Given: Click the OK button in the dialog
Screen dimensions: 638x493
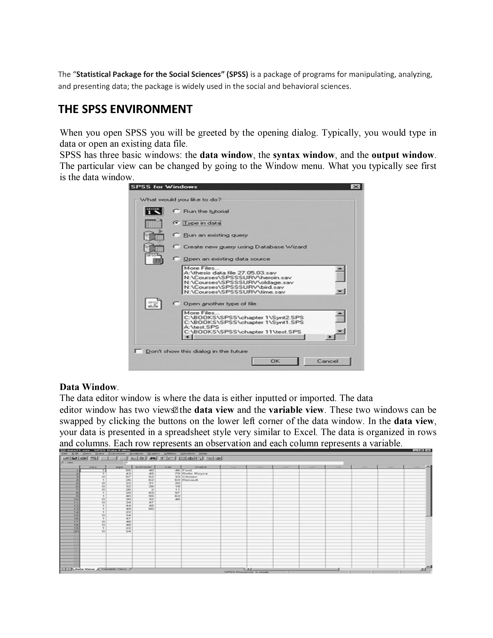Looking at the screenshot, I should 275,361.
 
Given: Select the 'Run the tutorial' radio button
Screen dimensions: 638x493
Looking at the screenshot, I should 176,211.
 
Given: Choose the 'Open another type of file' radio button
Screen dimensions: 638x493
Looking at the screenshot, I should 176,304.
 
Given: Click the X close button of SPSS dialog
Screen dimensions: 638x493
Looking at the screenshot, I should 355,187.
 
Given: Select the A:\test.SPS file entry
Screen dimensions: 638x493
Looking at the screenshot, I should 201,327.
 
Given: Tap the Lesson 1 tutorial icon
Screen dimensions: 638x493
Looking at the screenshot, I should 154,211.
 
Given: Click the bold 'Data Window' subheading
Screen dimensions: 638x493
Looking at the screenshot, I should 88,387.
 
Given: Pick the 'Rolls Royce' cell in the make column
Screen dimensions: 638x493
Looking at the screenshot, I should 195,473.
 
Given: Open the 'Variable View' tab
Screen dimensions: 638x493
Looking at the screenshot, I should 114,569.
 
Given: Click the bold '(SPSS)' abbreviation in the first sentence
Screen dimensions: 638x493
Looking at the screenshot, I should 238,74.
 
